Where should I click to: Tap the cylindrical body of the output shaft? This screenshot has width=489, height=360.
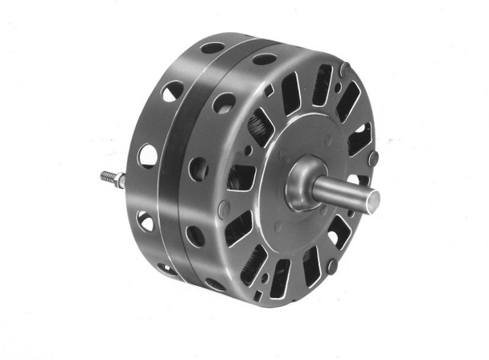[342, 191]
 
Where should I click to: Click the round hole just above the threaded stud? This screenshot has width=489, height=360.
[147, 154]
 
